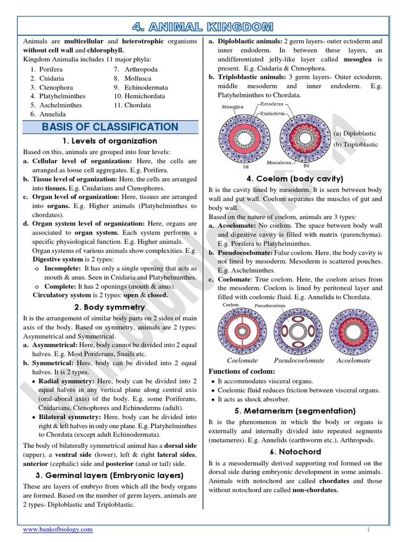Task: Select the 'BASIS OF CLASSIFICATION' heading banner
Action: tap(109, 127)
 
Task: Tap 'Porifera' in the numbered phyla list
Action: tap(51, 69)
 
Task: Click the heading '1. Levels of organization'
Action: tap(109, 141)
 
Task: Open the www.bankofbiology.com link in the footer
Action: tap(58, 529)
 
